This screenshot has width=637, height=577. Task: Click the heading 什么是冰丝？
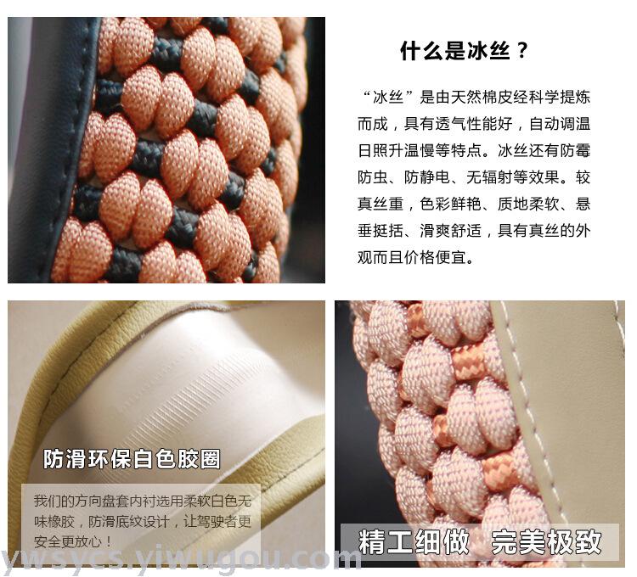[x=464, y=51]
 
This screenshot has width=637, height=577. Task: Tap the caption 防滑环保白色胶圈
[x=132, y=459]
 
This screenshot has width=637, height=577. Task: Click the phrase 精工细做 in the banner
[x=414, y=541]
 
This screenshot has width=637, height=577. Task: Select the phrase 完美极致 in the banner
[x=546, y=541]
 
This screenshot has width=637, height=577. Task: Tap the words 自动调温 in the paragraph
[x=560, y=124]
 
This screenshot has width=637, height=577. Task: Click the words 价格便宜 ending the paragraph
[x=435, y=257]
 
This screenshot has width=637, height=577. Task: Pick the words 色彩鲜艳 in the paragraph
[x=450, y=204]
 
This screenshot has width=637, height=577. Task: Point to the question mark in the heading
[x=523, y=51]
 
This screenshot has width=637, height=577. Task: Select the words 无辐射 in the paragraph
[x=489, y=177]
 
